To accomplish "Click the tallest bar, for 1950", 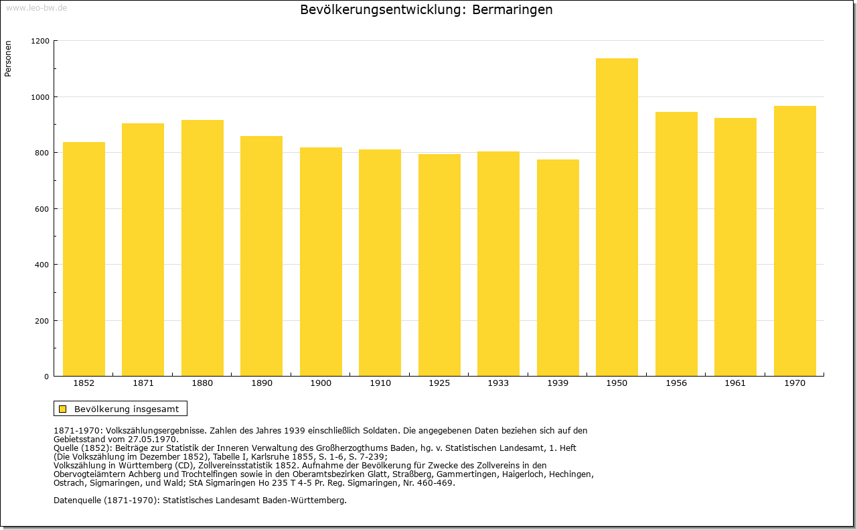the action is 617,217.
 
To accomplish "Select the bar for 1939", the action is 558,268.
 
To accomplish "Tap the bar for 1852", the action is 84,259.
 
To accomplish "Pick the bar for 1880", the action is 202,248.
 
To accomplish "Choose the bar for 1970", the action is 795,241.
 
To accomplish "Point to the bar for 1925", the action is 439,265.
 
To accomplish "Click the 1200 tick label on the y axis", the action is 40,41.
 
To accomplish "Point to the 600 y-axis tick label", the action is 42,209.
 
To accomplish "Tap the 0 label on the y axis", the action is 47,377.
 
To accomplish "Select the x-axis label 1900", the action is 321,383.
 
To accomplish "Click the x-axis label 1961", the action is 735,383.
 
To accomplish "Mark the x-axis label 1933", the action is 498,383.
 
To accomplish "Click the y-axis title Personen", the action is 8,59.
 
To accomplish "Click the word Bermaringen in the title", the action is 512,10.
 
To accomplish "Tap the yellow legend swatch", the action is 63,409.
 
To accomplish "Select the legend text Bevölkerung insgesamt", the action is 127,409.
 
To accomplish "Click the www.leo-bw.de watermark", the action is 36,8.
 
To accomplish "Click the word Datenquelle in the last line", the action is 77,501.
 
